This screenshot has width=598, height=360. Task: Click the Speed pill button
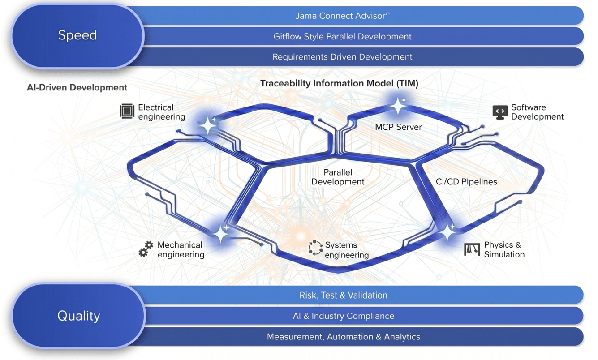pos(77,35)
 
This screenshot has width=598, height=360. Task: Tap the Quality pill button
pos(78,316)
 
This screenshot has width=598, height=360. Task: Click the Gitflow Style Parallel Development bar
pos(361,36)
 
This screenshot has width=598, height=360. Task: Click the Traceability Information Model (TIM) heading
pos(339,83)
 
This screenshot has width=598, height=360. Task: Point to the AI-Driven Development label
pos(77,87)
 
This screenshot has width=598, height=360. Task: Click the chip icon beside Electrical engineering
pos(127,111)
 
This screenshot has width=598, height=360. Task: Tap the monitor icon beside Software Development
pos(500,112)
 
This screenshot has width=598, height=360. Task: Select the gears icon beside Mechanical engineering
pos(146,249)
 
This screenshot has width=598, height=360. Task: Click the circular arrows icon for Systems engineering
pos(315,248)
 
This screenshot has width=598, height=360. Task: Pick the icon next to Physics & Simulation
pos(472,249)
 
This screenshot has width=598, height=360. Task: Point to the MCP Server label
pos(398,127)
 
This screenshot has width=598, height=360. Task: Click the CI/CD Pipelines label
pos(466,182)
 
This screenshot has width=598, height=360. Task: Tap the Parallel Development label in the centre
pos(338,177)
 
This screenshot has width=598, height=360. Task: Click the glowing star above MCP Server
pos(398,106)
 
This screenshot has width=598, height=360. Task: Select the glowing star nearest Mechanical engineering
pos(221,234)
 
